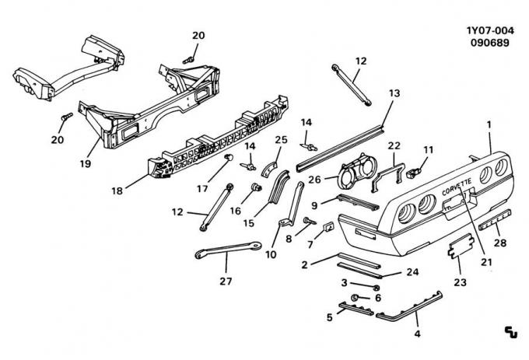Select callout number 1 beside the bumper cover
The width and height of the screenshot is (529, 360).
pyautogui.click(x=489, y=124)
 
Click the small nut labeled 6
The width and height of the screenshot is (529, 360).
pyautogui.click(x=356, y=298)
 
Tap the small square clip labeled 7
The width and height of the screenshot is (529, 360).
pyautogui.click(x=329, y=227)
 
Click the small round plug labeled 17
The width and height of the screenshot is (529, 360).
pyautogui.click(x=230, y=158)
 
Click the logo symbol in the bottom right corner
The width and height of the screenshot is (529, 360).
pyautogui.click(x=510, y=333)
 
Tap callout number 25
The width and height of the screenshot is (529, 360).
pyautogui.click(x=282, y=139)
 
